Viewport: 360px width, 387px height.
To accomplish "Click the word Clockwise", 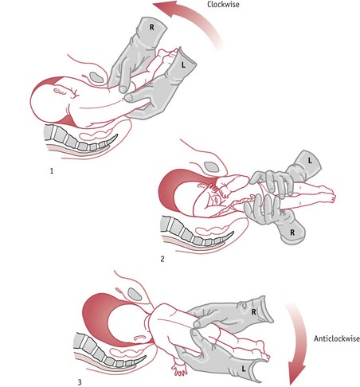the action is pyautogui.click(x=223, y=5).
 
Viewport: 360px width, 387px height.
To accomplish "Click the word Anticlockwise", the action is pyautogui.click(x=337, y=338).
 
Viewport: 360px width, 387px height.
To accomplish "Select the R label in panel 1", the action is pyautogui.click(x=152, y=27).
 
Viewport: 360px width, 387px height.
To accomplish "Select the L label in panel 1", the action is pyautogui.click(x=183, y=64).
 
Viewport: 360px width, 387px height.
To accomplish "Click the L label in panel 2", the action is pyautogui.click(x=310, y=160).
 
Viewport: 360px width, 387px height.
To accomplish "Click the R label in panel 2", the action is pyautogui.click(x=292, y=233).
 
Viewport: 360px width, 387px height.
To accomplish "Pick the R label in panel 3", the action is pyautogui.click(x=254, y=312).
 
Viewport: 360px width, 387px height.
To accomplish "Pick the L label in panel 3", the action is pyautogui.click(x=244, y=368).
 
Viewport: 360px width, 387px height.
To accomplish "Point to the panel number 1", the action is pyautogui.click(x=52, y=171).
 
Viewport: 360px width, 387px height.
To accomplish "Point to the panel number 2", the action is pyautogui.click(x=162, y=259).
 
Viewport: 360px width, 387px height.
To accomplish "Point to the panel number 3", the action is pyautogui.click(x=80, y=382).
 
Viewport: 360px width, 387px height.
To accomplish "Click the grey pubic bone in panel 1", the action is pyautogui.click(x=96, y=77).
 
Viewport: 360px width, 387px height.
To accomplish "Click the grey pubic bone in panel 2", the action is pyautogui.click(x=212, y=166).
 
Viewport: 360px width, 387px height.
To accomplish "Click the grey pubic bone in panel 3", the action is pyautogui.click(x=135, y=294).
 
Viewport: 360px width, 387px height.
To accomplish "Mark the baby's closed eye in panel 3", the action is pyautogui.click(x=139, y=338).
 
